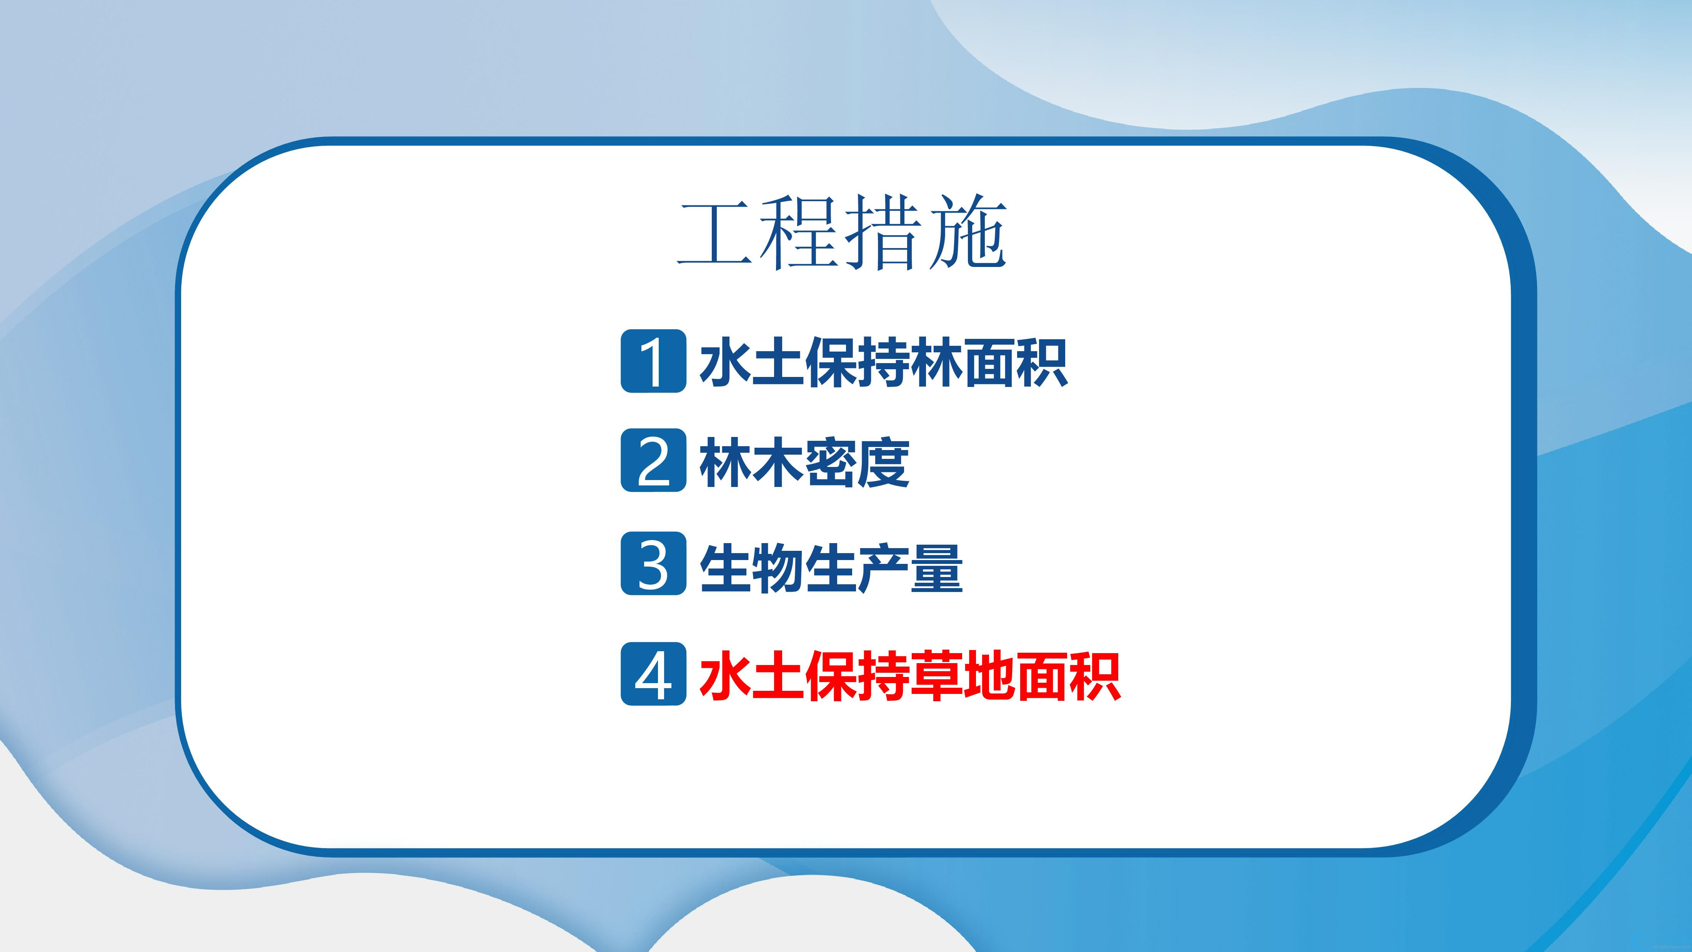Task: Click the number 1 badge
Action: click(x=654, y=361)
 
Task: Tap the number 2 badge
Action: click(x=654, y=460)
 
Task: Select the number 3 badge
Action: click(x=654, y=564)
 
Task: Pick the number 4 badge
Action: click(x=654, y=674)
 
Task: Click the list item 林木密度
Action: click(x=804, y=462)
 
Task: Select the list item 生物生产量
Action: click(x=831, y=568)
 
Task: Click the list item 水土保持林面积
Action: click(x=883, y=362)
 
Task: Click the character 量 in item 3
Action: click(x=937, y=568)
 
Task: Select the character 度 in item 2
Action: click(x=884, y=462)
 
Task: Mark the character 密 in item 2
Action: click(x=831, y=462)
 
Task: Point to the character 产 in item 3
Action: click(x=884, y=568)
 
